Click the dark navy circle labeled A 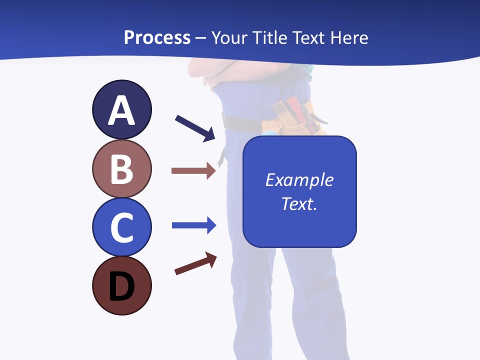click(121, 109)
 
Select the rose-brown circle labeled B click(121, 168)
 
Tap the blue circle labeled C click(121, 227)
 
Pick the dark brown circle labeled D click(121, 285)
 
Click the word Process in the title click(157, 37)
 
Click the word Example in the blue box click(299, 180)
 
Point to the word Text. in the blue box click(299, 203)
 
